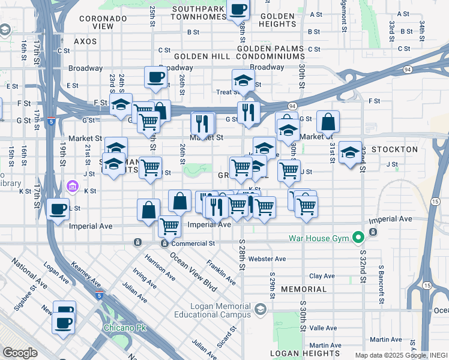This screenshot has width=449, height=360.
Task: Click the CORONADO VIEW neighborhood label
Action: click(104, 23)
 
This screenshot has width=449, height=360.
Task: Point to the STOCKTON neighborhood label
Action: click(394, 149)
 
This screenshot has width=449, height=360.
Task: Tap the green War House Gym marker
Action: click(358, 238)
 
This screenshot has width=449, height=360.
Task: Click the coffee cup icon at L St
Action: click(58, 209)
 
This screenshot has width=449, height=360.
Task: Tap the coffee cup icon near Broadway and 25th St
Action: click(155, 77)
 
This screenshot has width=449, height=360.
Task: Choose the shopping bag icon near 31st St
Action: click(328, 122)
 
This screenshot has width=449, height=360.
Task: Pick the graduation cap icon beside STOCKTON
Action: click(350, 152)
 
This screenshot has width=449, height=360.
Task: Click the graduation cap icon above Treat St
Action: click(243, 80)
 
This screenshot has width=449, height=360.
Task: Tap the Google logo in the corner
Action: click(20, 353)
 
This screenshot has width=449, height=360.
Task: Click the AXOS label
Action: click(85, 41)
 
